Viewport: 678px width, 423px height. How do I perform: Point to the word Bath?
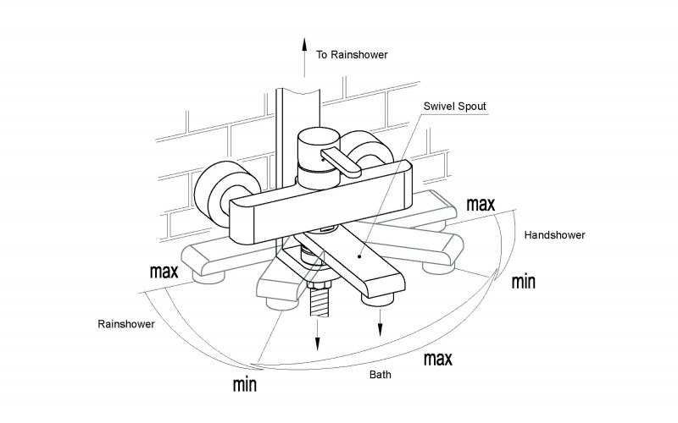[x=379, y=374]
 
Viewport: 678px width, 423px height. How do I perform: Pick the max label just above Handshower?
[x=480, y=204]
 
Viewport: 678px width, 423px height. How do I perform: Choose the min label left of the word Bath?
[x=245, y=384]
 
